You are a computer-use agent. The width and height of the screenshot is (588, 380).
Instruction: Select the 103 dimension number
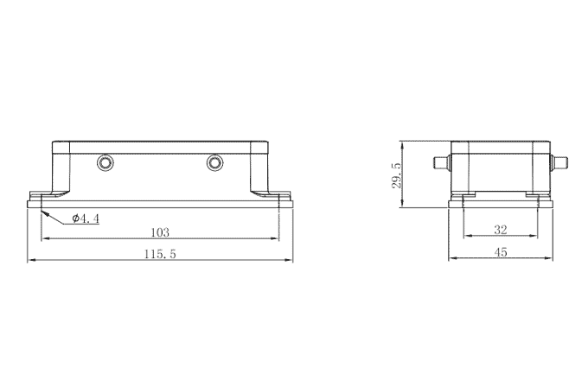[159, 232]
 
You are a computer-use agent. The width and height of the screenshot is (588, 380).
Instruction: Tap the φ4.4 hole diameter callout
[86, 218]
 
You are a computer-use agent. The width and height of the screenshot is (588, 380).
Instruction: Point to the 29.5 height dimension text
[397, 175]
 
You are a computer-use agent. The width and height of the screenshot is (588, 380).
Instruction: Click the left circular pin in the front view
[105, 162]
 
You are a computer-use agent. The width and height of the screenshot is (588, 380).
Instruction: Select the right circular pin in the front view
[214, 162]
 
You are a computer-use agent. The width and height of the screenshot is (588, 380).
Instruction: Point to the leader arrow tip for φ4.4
[42, 209]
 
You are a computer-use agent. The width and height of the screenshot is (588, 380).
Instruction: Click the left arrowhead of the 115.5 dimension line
[32, 259]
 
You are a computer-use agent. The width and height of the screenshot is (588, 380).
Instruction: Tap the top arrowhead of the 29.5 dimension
[405, 144]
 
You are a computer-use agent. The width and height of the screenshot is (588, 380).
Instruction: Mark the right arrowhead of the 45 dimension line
[550, 259]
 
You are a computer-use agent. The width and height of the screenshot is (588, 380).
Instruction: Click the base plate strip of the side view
[500, 204]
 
